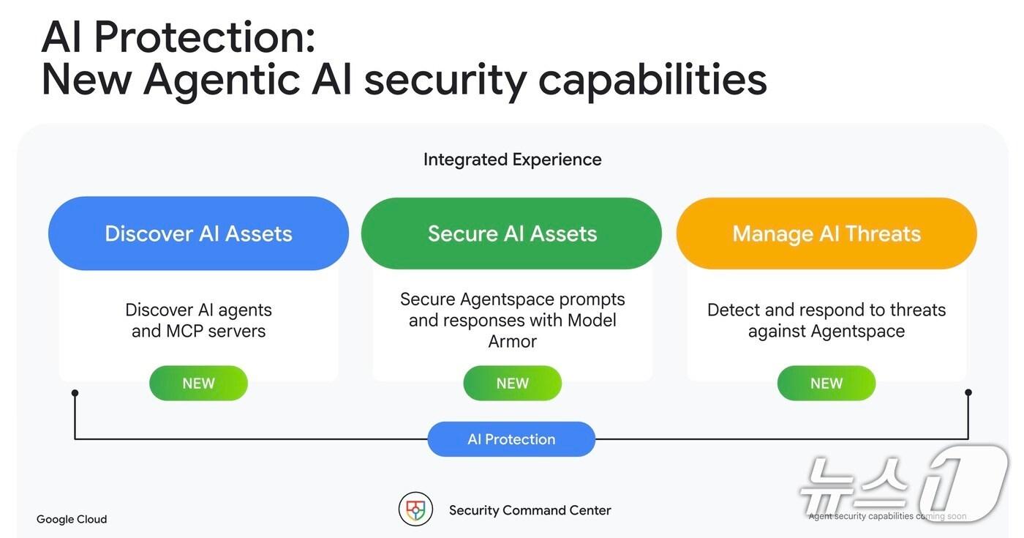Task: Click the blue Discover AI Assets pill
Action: (x=198, y=233)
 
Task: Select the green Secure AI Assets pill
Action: (x=511, y=233)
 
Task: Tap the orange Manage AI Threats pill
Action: (x=827, y=233)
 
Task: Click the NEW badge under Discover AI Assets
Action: (x=198, y=383)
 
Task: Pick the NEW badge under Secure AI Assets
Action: (x=513, y=383)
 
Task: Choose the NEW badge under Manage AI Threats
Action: (x=827, y=383)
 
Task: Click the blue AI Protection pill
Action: (x=511, y=439)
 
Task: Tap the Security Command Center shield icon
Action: (x=415, y=509)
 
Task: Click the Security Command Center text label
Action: (x=530, y=510)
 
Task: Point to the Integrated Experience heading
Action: (x=513, y=160)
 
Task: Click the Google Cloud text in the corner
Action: (x=72, y=519)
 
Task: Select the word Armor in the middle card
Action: (x=513, y=341)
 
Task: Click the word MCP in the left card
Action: (x=184, y=331)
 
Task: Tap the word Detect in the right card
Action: (x=734, y=310)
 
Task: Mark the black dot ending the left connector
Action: (x=75, y=392)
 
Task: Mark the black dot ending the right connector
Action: (x=968, y=392)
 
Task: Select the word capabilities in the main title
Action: (x=652, y=81)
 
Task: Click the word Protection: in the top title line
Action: (x=205, y=37)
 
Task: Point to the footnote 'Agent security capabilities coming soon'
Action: (x=887, y=516)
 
